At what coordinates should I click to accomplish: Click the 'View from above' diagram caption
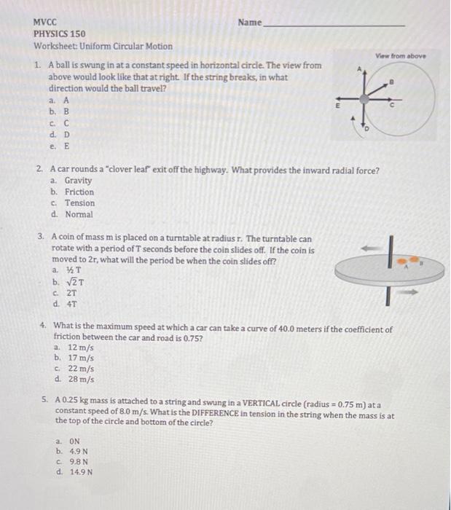tap(401, 55)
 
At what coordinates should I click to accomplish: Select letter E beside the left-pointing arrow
tap(337, 105)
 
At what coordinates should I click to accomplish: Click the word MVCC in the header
tap(45, 22)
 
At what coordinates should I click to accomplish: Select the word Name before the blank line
tap(249, 23)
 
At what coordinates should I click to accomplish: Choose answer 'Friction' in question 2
tap(79, 192)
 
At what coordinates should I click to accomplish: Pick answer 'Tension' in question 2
tap(79, 203)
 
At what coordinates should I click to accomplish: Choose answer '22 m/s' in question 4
tap(79, 369)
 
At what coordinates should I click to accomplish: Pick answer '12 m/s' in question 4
tap(79, 348)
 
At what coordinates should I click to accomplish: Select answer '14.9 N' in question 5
tap(80, 471)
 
